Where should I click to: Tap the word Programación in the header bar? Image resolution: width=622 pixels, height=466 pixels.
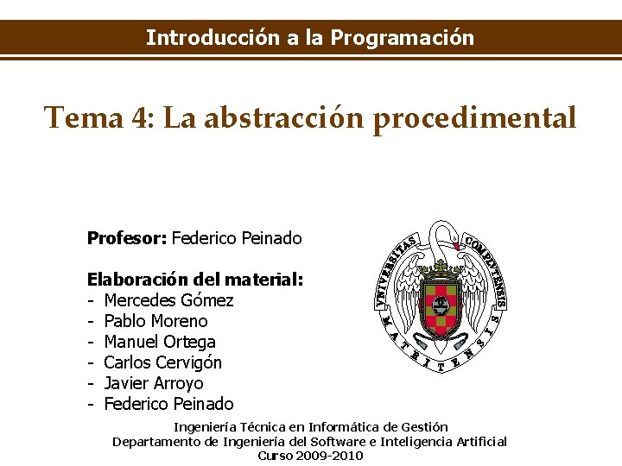click(402, 38)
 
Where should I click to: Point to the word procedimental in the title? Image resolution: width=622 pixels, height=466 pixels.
click(473, 117)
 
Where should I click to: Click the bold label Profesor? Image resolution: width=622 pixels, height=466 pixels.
click(127, 237)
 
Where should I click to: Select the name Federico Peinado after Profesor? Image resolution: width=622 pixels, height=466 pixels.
click(237, 237)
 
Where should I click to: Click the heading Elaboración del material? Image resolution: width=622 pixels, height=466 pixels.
click(195, 280)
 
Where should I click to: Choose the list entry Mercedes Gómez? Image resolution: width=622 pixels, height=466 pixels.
click(168, 300)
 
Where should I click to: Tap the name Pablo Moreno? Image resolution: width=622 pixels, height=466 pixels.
click(155, 321)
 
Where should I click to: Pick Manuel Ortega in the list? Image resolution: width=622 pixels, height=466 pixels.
click(160, 342)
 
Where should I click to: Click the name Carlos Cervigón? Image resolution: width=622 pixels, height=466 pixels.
click(162, 362)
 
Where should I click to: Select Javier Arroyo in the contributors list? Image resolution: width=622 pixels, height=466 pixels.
click(153, 383)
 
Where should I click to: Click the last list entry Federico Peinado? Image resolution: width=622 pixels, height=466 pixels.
click(168, 404)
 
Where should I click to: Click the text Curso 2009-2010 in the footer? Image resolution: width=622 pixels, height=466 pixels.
click(310, 455)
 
